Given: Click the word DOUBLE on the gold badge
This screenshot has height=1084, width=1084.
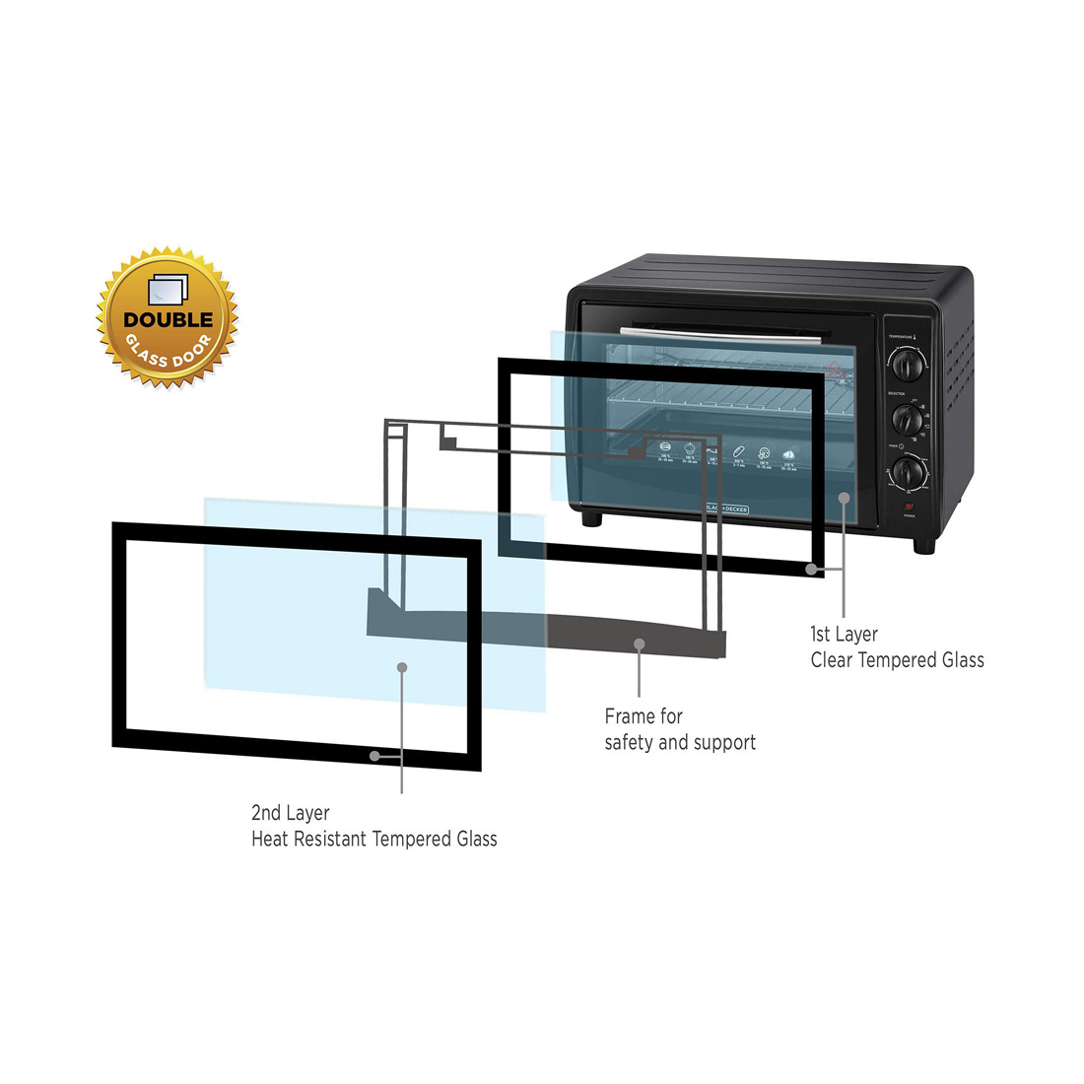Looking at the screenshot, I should pyautogui.click(x=168, y=319).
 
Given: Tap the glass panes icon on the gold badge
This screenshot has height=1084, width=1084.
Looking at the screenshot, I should pyautogui.click(x=167, y=289).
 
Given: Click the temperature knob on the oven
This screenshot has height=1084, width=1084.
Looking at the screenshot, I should pyautogui.click(x=909, y=365).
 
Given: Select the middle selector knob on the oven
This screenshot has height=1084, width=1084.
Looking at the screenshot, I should pyautogui.click(x=909, y=420).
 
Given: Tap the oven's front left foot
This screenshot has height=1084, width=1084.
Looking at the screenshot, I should pyautogui.click(x=591, y=519).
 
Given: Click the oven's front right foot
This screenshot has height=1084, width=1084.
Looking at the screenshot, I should pyautogui.click(x=924, y=544).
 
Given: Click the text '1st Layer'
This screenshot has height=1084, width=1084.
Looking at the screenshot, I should pyautogui.click(x=844, y=635).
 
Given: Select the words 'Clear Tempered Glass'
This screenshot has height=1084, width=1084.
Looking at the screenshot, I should pyautogui.click(x=897, y=660).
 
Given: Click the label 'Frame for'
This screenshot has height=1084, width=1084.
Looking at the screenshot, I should pyautogui.click(x=644, y=716).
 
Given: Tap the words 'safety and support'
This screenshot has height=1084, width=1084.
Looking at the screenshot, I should pyautogui.click(x=680, y=742).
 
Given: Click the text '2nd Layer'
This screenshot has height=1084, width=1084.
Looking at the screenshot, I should pyautogui.click(x=290, y=813).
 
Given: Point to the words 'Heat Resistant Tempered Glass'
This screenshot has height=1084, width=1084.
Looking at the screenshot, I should pyautogui.click(x=373, y=840).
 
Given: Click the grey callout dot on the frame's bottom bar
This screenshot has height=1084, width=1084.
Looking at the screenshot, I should pyautogui.click(x=640, y=644).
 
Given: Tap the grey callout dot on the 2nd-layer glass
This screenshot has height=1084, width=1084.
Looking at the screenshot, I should pyautogui.click(x=402, y=667).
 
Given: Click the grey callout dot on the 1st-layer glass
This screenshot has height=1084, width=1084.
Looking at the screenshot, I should pyautogui.click(x=844, y=497).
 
